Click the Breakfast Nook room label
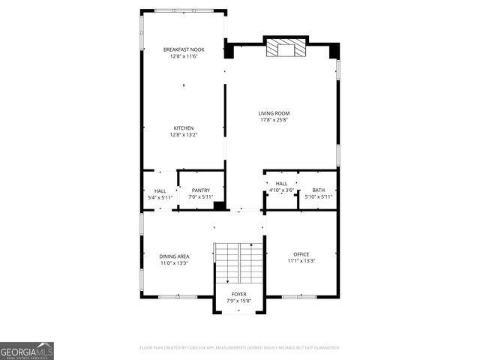pyautogui.click(x=184, y=49)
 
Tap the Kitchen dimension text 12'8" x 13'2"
pyautogui.click(x=184, y=135)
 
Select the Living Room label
pyautogui.click(x=274, y=113)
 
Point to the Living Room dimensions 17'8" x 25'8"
pyautogui.click(x=274, y=120)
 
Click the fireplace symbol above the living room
pyautogui.click(x=285, y=49)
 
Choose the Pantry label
pyautogui.click(x=200, y=190)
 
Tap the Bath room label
pyautogui.click(x=319, y=190)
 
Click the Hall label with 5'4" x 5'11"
pyautogui.click(x=160, y=190)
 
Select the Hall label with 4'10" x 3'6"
pyautogui.click(x=281, y=184)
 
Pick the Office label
pyautogui.click(x=301, y=254)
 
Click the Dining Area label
pyautogui.click(x=174, y=256)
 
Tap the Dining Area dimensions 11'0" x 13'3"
pyautogui.click(x=174, y=263)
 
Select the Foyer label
pyautogui.click(x=238, y=294)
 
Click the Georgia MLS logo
pyautogui.click(x=27, y=350)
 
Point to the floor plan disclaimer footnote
pyautogui.click(x=240, y=348)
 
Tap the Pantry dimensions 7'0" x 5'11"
pyautogui.click(x=200, y=197)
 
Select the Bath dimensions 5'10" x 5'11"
pyautogui.click(x=319, y=197)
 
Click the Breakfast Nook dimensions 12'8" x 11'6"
pyautogui.click(x=184, y=56)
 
